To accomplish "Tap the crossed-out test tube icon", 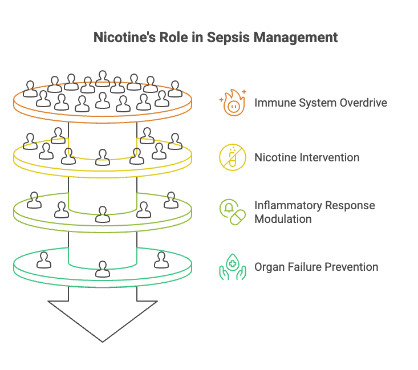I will coord(233,157).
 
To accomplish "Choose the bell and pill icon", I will coord(233,212).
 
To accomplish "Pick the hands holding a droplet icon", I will coord(233,267).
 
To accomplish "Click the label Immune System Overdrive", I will coord(320,103).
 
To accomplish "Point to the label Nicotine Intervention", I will coord(307,157).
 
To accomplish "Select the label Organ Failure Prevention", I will coord(316,267).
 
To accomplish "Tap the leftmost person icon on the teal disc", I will coord(44,259).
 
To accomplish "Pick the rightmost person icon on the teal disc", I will coord(161,259).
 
